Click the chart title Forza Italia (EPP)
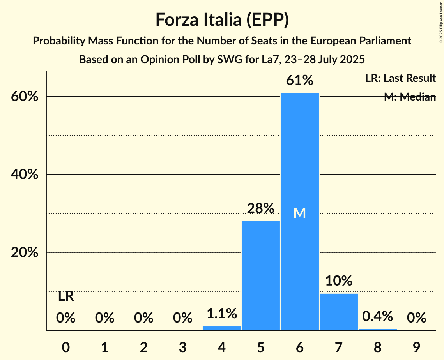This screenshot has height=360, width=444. [x=222, y=20]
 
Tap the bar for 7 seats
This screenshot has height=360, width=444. [x=339, y=312]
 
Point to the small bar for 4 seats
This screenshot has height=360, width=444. [x=222, y=328]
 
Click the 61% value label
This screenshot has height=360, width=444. [x=299, y=80]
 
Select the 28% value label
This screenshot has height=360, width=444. [x=260, y=208]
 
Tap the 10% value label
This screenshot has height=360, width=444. [x=338, y=281]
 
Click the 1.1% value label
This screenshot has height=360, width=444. [x=221, y=313]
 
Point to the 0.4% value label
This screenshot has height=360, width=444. [x=377, y=316]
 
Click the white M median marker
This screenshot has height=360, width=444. [x=299, y=213]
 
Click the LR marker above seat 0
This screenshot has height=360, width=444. [x=66, y=296]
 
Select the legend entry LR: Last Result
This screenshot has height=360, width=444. [x=400, y=78]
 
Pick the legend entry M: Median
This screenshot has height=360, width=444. [x=410, y=97]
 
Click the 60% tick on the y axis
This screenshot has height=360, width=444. [x=25, y=97]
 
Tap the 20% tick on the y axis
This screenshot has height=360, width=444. [x=25, y=253]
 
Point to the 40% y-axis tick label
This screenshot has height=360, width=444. [x=25, y=175]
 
